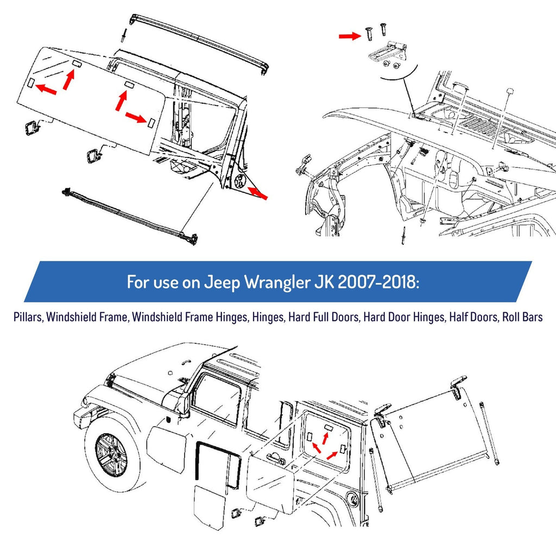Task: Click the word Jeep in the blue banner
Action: click(222, 282)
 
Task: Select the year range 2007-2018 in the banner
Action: click(378, 282)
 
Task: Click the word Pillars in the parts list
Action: click(28, 317)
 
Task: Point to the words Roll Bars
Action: click(522, 317)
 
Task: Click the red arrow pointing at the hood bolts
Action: click(350, 35)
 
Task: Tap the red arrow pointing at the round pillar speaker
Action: click(258, 193)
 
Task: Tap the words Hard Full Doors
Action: click(324, 317)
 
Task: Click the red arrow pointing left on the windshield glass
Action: click(46, 89)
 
